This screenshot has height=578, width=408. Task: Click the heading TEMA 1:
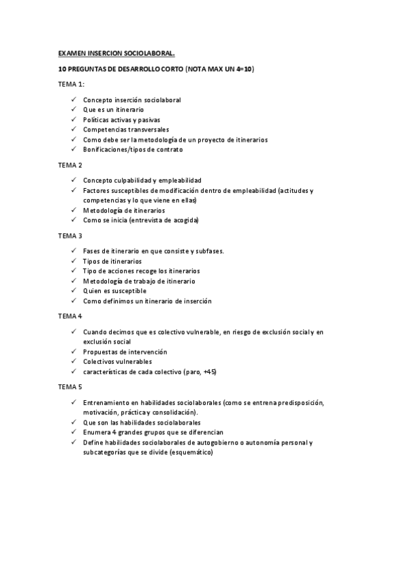pyautogui.click(x=71, y=84)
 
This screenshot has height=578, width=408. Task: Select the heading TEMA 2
pyautogui.click(x=70, y=165)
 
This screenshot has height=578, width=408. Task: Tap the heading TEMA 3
pyautogui.click(x=70, y=236)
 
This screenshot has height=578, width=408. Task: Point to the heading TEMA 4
pyautogui.click(x=70, y=316)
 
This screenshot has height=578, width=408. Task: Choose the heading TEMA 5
pyautogui.click(x=70, y=387)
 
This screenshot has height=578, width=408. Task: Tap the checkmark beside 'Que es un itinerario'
pyautogui.click(x=74, y=110)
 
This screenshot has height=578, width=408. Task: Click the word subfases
pyautogui.click(x=211, y=251)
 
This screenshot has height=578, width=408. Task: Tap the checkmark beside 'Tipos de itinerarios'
pyautogui.click(x=74, y=261)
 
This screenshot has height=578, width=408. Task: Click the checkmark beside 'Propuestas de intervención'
pyautogui.click(x=74, y=352)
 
